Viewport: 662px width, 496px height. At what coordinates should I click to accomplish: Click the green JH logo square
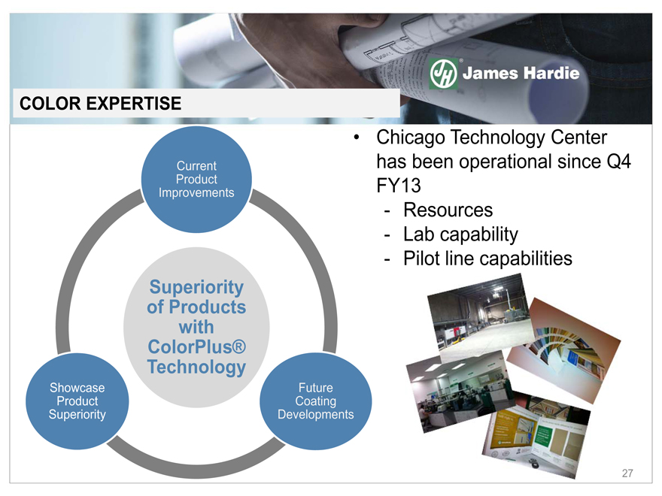click(443, 74)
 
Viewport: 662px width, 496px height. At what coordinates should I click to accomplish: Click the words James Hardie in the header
click(521, 74)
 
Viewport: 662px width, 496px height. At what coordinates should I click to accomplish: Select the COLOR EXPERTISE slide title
click(101, 104)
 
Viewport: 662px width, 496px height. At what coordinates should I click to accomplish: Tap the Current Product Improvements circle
click(196, 180)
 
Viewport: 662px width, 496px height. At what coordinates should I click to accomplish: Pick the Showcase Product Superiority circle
click(77, 401)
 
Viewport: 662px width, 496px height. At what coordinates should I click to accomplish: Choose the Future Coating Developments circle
click(315, 401)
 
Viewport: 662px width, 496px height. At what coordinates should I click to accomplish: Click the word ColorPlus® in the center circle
click(197, 346)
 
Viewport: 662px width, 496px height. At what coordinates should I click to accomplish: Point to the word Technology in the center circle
click(197, 367)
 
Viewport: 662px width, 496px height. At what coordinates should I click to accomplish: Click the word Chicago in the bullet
click(411, 138)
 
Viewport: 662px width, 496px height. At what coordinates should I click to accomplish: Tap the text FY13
click(399, 186)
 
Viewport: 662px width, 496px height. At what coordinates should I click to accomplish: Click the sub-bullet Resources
click(448, 210)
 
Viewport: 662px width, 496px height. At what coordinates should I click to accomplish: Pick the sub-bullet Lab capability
click(460, 234)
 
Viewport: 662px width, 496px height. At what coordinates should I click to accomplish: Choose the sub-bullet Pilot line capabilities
click(487, 259)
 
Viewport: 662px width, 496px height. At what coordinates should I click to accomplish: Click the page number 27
click(627, 473)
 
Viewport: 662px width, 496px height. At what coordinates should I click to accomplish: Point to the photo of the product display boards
click(536, 434)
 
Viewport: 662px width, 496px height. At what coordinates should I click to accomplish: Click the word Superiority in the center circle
click(197, 288)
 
